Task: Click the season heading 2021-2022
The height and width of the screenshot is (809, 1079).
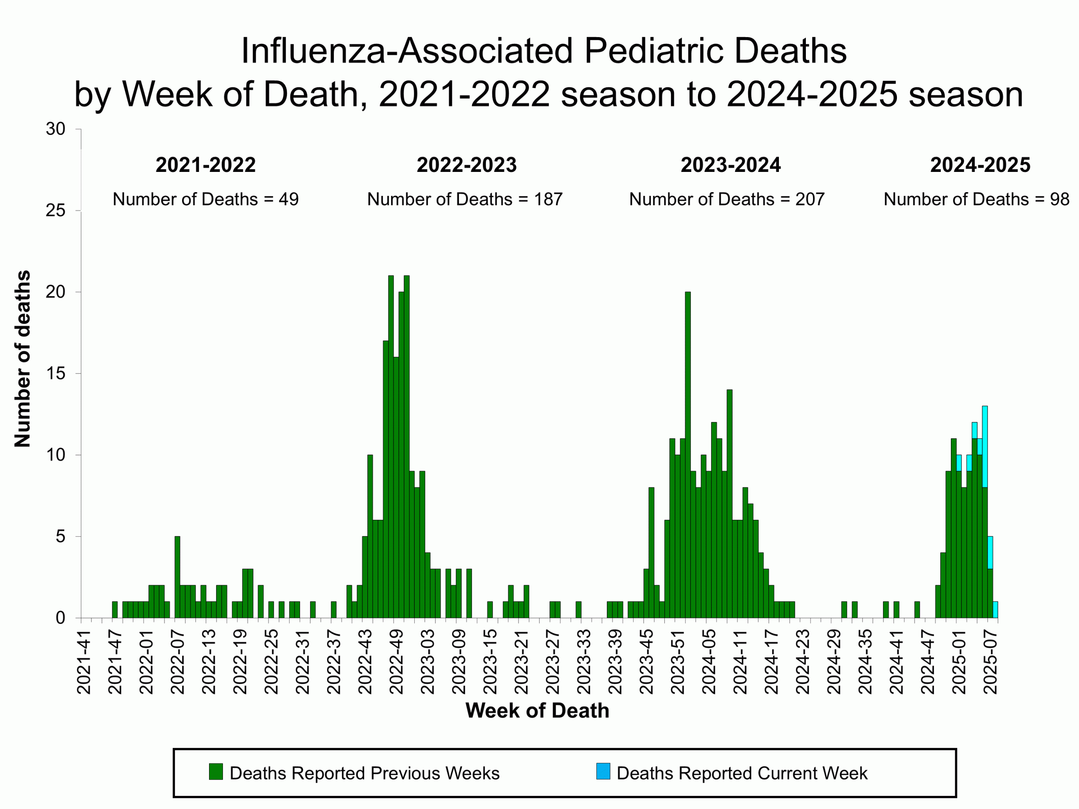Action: (x=205, y=165)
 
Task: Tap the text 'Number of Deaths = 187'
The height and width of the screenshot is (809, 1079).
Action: (x=464, y=199)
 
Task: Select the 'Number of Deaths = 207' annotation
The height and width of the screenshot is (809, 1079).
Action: (x=726, y=199)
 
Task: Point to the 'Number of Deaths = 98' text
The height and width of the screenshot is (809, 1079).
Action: (x=976, y=199)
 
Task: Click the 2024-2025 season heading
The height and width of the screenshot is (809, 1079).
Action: (x=980, y=165)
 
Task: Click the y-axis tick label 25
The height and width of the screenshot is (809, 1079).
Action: (x=56, y=211)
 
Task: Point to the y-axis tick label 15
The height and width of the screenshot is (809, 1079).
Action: (x=56, y=374)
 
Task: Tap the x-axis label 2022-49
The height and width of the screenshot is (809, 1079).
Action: (x=396, y=662)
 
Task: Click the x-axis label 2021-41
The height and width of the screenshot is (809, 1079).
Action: (x=84, y=662)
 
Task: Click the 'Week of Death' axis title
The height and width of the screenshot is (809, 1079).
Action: (x=537, y=710)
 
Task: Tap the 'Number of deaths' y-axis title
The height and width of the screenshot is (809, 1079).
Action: (x=22, y=359)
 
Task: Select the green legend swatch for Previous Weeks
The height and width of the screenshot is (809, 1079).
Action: (x=216, y=772)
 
